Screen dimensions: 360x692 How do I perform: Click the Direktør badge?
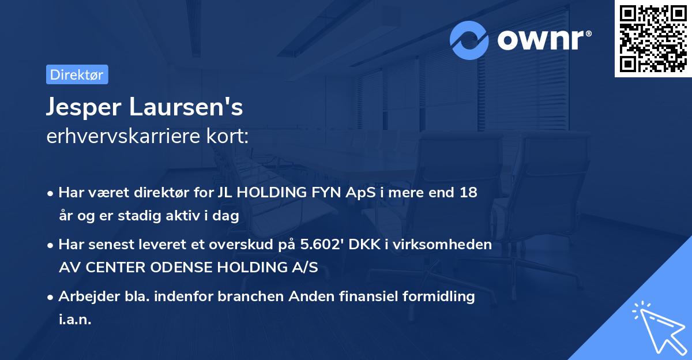[77, 74]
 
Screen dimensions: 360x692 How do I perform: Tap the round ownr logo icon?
[469, 40]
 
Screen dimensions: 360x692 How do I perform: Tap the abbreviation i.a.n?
[76, 320]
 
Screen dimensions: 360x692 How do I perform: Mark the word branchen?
[242, 297]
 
